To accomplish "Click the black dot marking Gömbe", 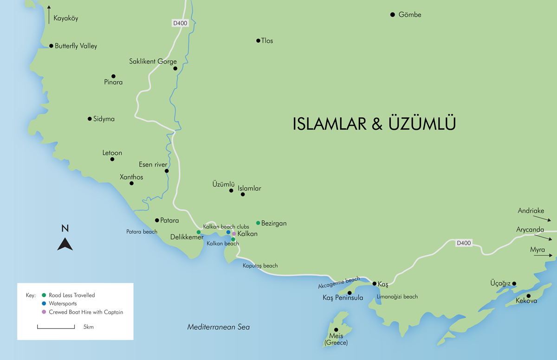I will click(392, 15).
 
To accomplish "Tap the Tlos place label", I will click(267, 41).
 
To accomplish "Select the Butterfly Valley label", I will click(76, 46).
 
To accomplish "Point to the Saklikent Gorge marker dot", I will click(175, 69).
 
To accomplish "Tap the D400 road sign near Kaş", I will click(464, 243).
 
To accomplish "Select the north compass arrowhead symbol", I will click(65, 244).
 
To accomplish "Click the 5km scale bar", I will click(56, 327).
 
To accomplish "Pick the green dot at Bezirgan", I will click(258, 223).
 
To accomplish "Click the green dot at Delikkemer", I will click(199, 232).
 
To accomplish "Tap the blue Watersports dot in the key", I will click(44, 304).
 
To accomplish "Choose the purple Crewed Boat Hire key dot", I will click(44, 312).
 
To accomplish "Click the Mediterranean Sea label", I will click(218, 327).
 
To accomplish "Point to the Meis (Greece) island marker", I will click(336, 330).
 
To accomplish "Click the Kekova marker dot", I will click(528, 296).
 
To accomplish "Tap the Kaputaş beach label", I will click(260, 266).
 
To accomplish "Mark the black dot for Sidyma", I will click(90, 119).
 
